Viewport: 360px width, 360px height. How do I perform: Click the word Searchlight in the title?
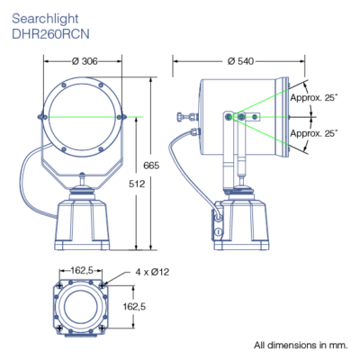[x=45, y=19]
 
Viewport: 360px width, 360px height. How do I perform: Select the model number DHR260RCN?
[x=50, y=34]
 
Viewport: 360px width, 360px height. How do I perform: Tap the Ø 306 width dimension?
[x=85, y=61]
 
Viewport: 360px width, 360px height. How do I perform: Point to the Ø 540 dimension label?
[x=240, y=61]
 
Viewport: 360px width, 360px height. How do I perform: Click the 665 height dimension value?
[x=151, y=166]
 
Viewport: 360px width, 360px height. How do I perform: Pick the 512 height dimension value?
[x=137, y=184]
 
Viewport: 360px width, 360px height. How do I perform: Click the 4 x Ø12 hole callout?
[x=152, y=272]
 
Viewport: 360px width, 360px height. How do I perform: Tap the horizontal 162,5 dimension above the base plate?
[x=82, y=270]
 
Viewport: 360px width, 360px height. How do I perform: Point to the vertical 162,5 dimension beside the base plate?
[x=134, y=306]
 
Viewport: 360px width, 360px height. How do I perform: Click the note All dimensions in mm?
[x=301, y=345]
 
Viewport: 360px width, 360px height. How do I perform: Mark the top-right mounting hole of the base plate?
[x=103, y=284]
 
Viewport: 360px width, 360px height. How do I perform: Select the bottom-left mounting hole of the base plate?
[x=60, y=328]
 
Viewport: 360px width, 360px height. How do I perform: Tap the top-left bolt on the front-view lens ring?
[x=63, y=85]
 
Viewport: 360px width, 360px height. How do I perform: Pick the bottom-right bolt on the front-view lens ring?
[x=101, y=148]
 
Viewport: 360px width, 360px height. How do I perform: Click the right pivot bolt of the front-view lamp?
[x=120, y=117]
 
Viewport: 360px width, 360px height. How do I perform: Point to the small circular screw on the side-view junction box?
[x=219, y=231]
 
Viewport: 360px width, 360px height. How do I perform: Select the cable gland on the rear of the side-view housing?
[x=195, y=132]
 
